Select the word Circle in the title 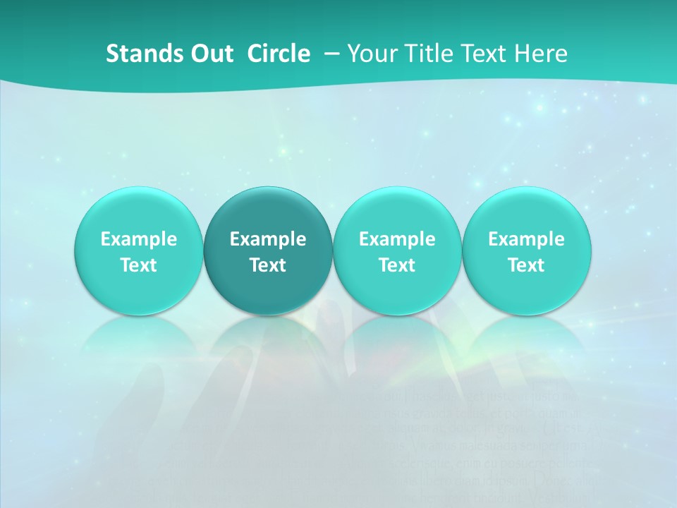coord(279,54)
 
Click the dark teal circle coord(268,251)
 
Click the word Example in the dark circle coord(268,239)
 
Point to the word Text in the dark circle coord(268,265)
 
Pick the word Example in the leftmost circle coord(139,239)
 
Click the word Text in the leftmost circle coord(139,265)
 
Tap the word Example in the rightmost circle coord(526,239)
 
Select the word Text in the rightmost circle coord(526,265)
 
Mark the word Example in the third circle coord(397,239)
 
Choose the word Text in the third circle coord(397,265)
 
